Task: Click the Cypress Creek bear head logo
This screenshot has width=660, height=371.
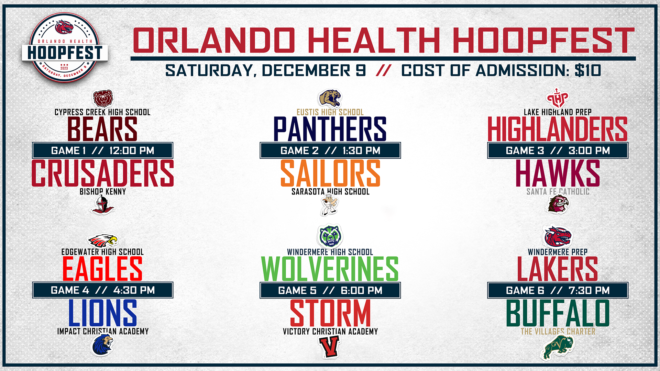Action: point(103,99)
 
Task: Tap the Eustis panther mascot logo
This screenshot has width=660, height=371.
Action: point(330,99)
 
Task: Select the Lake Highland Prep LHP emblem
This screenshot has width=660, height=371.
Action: point(558,98)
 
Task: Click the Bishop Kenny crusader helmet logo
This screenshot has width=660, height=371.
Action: point(102,205)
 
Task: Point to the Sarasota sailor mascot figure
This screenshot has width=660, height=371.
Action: point(329,205)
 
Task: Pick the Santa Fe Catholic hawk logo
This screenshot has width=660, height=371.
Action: point(558,204)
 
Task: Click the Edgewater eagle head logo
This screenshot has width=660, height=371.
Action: point(102,241)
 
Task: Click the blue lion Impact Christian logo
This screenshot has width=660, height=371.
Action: point(102,345)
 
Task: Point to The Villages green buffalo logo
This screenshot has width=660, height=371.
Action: point(558,348)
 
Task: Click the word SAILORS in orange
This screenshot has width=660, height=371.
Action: point(330,173)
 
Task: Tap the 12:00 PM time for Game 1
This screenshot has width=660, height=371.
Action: point(132,150)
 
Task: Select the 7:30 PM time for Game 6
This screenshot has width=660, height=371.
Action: point(589,290)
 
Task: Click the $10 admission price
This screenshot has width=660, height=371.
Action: point(588,70)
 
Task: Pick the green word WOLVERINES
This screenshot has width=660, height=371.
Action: point(330,269)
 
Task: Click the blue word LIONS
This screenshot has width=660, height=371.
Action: point(102,313)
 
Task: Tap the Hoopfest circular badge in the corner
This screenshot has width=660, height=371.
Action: point(65,47)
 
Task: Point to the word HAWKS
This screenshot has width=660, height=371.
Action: point(558,173)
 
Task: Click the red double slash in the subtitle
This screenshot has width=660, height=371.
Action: point(384,70)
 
